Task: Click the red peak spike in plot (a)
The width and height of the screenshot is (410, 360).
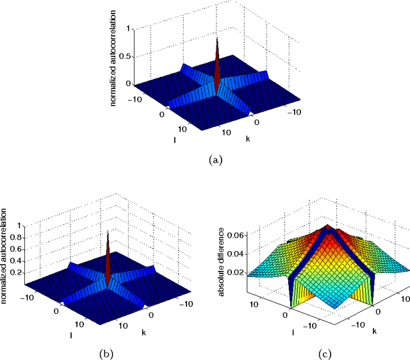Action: coord(217,64)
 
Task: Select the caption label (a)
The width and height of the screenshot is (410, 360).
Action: coord(215,160)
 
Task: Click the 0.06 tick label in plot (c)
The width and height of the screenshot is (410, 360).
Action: coord(236,236)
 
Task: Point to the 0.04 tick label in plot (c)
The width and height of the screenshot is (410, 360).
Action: coord(236,253)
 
